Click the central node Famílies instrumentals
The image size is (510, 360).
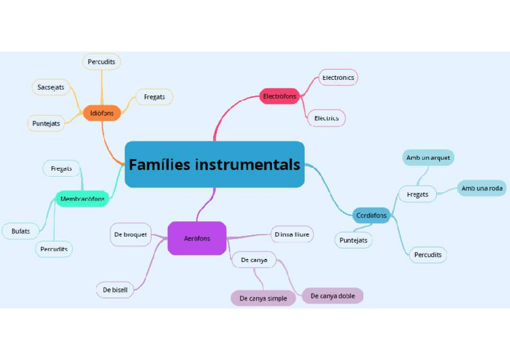214,164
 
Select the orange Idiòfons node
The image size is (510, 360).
102,112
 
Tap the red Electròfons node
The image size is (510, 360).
280,96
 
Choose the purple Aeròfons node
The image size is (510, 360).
197,238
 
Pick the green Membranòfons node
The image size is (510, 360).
82,198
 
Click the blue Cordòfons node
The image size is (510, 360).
371,215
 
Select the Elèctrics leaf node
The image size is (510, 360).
327,118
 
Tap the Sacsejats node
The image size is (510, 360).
51,87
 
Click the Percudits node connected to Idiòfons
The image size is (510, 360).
101,62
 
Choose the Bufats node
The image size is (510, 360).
20,231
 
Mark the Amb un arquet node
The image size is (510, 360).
428,157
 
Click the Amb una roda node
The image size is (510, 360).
482,189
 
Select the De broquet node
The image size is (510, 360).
130,234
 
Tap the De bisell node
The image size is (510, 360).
115,290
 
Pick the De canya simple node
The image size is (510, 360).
263,298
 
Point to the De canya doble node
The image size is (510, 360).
333,296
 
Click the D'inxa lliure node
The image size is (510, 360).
292,234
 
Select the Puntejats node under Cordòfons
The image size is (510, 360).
353,240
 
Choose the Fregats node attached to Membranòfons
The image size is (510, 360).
61,168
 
